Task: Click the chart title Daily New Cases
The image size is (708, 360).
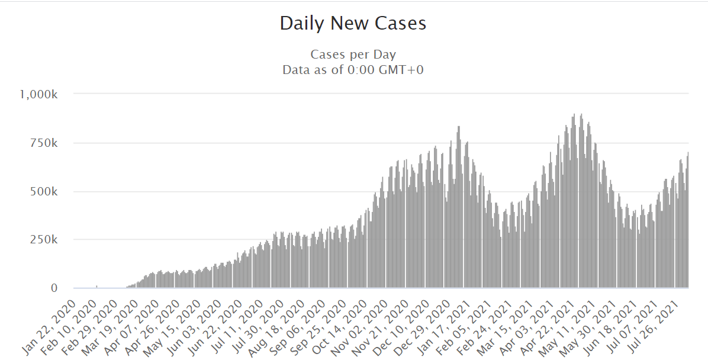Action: pos(353,24)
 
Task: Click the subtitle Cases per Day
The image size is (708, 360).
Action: pos(353,55)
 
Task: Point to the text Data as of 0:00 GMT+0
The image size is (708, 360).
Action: pos(353,70)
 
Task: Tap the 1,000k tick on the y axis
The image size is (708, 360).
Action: pos(38,94)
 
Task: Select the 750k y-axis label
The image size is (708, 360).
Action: pos(44,143)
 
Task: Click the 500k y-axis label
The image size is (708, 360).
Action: pos(44,192)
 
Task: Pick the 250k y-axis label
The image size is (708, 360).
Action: pos(44,240)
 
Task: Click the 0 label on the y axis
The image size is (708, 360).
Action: pos(54,288)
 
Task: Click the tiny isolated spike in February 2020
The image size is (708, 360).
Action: pos(96,287)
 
